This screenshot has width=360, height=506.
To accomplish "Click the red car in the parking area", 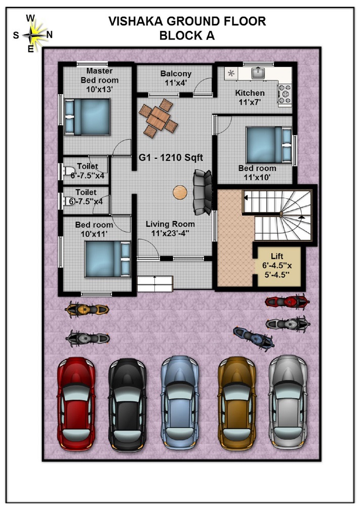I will [x=76, y=403].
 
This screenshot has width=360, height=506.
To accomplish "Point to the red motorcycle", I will [x=287, y=302].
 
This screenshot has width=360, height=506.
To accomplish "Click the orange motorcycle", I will [x=87, y=309].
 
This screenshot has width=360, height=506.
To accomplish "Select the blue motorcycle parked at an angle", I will [x=254, y=338].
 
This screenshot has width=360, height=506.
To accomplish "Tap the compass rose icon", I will [x=31, y=34].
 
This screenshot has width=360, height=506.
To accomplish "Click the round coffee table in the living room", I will [x=180, y=192].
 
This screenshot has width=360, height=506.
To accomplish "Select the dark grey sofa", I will [x=202, y=192].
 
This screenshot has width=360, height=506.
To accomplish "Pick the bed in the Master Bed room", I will [x=87, y=117].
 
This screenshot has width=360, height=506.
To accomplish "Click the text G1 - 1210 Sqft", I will [x=171, y=158].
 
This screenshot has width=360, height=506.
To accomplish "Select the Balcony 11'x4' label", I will [x=176, y=78].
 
